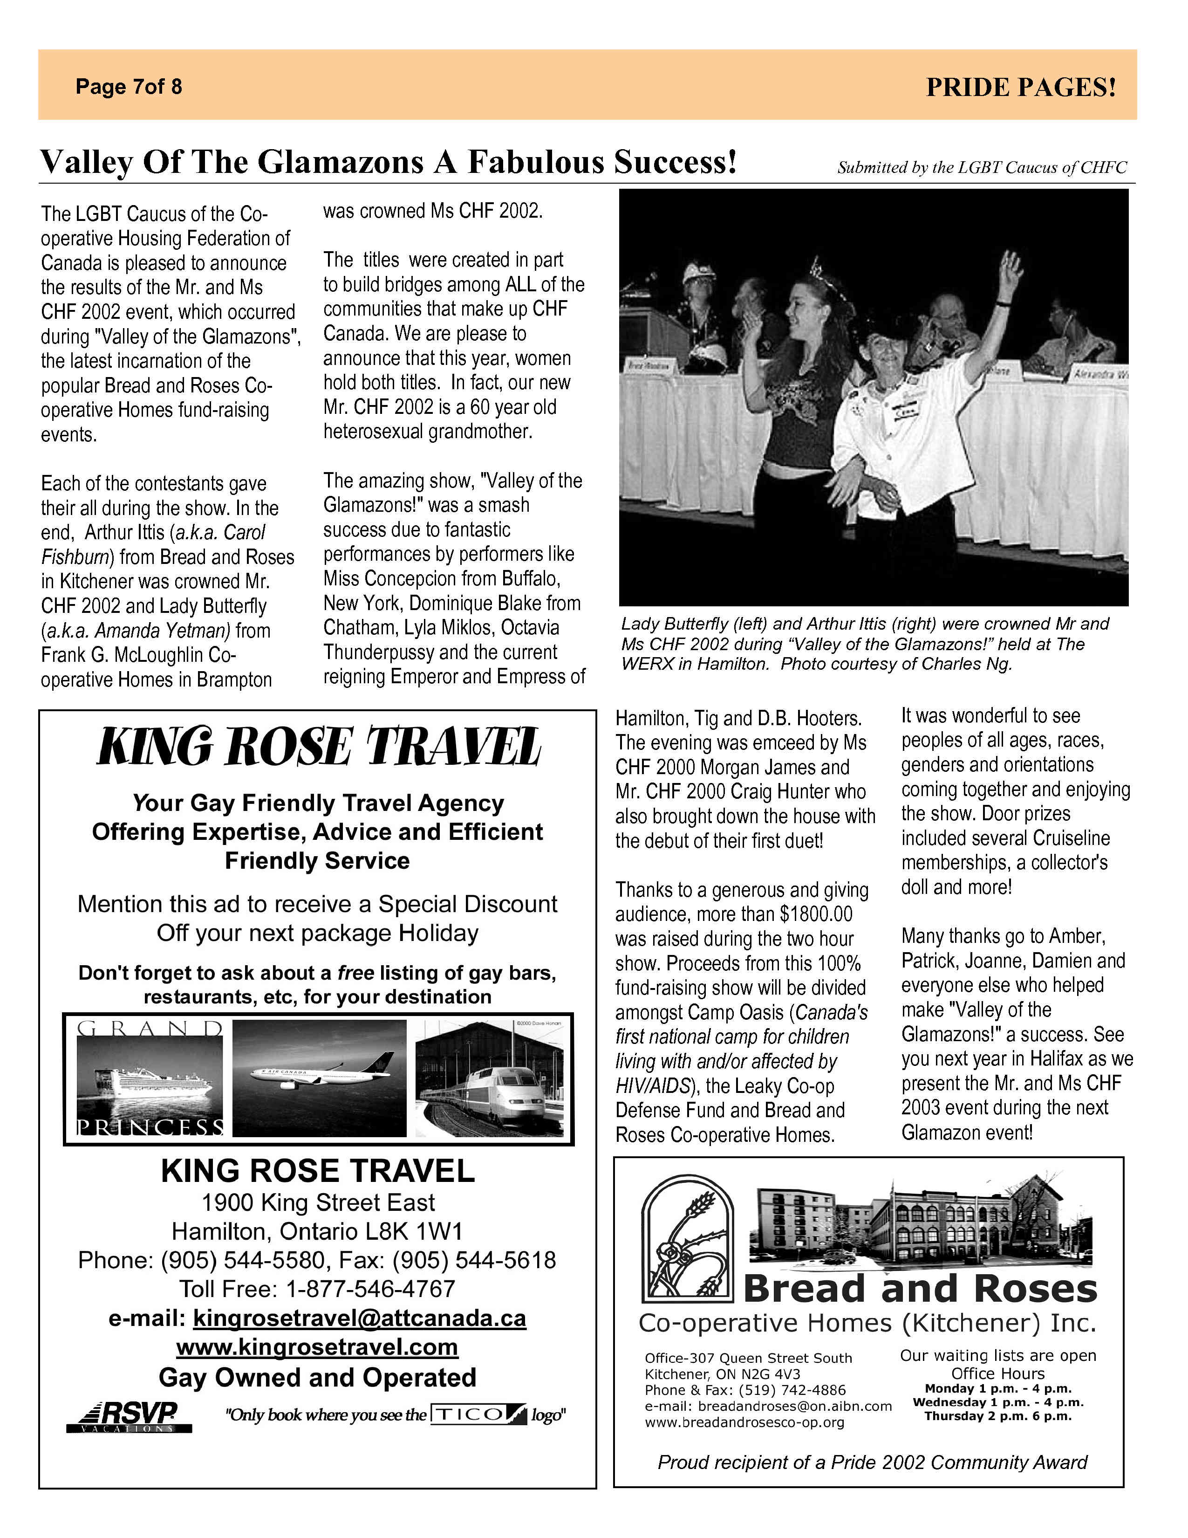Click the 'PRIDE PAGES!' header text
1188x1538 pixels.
click(1020, 87)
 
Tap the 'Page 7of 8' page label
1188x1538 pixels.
click(129, 87)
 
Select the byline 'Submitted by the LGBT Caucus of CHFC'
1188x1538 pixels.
click(982, 168)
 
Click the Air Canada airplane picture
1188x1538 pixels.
click(319, 1078)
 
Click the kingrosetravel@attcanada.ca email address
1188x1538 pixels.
click(359, 1318)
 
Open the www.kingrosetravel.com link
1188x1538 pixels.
click(317, 1347)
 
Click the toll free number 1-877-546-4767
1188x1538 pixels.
click(370, 1289)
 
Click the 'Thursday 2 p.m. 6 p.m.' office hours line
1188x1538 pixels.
click(997, 1416)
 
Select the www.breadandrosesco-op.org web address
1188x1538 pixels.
click(744, 1422)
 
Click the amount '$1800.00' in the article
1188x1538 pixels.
click(816, 914)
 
